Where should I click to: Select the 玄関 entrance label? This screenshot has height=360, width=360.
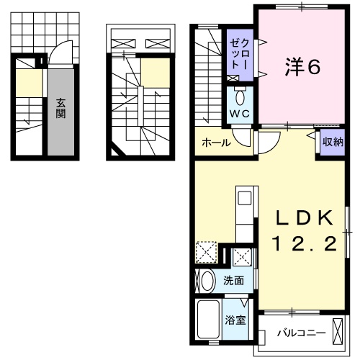click(62, 107)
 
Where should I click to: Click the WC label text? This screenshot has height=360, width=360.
click(239, 114)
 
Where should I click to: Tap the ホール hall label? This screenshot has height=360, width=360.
click(216, 143)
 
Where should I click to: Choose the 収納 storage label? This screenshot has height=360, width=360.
click(332, 142)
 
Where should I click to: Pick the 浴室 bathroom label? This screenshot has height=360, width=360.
click(235, 320)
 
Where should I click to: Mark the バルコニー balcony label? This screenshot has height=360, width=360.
click(301, 334)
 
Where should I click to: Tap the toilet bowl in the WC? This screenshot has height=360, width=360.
click(240, 96)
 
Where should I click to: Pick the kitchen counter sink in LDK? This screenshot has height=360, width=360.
click(243, 197)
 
